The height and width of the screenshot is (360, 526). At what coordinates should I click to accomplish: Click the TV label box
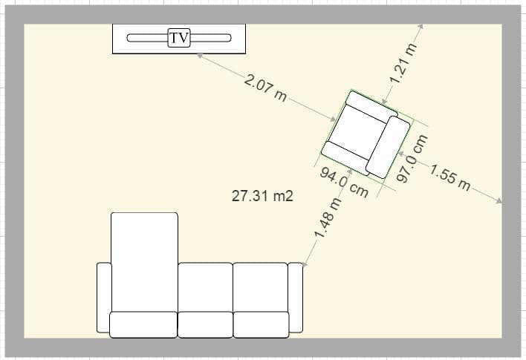click(179, 38)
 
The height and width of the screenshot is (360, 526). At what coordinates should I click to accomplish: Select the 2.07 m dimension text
click(265, 88)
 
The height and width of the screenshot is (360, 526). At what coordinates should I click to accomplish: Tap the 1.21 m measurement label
click(403, 63)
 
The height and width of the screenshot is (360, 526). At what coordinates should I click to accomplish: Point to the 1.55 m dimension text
click(449, 177)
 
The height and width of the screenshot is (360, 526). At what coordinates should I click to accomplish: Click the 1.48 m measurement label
click(328, 218)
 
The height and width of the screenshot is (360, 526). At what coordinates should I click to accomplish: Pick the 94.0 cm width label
click(344, 183)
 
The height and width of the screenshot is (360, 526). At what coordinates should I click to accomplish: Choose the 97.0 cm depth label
click(412, 158)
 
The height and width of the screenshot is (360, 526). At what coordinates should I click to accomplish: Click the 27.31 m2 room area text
click(262, 196)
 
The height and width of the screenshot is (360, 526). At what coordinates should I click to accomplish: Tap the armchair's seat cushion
click(356, 132)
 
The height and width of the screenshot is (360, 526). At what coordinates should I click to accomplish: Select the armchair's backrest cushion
click(388, 147)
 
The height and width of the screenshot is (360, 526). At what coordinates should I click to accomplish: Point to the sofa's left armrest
click(104, 298)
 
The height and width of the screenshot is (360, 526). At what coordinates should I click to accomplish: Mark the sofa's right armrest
click(296, 298)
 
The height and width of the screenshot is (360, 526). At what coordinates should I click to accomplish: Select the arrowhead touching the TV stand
click(200, 56)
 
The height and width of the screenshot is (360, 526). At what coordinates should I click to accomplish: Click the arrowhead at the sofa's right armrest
click(305, 263)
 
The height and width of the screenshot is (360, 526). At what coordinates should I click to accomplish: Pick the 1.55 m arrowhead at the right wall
click(499, 200)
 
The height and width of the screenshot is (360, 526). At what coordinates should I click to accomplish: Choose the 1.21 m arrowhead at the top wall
click(421, 27)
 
